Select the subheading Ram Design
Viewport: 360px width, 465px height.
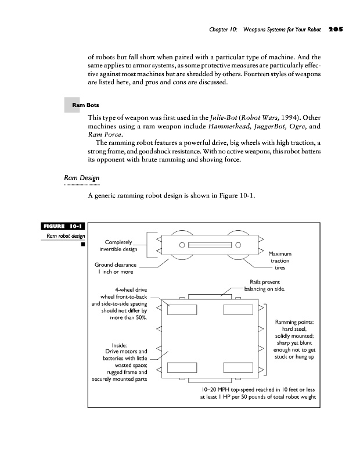[x=81, y=177]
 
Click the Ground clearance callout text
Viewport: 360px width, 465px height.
[x=115, y=269]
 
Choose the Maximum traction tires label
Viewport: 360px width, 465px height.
[x=285, y=261]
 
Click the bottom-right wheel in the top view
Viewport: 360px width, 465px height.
[x=239, y=367]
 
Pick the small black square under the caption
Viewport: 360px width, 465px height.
[x=83, y=244]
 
